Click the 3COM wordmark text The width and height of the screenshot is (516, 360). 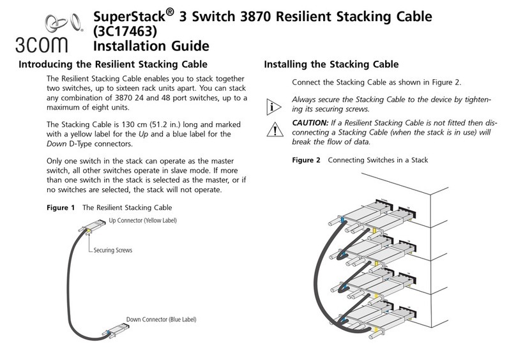46,47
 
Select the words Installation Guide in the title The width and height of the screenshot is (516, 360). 151,47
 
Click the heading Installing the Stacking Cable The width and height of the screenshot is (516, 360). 331,64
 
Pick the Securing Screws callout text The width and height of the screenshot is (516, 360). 113,250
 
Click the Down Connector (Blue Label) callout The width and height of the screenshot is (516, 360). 161,319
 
